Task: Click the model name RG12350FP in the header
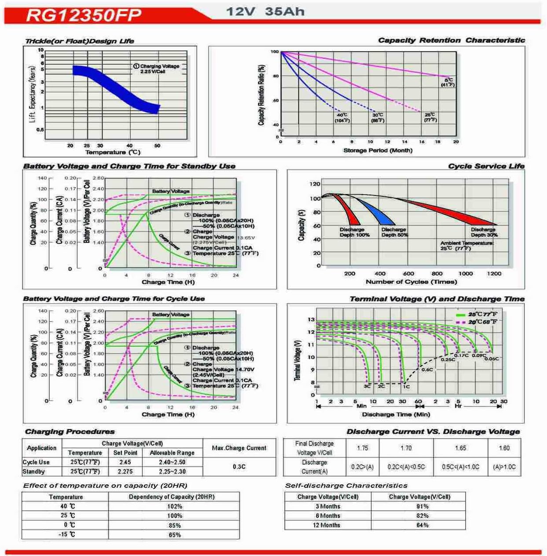point(84,15)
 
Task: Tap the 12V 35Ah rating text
point(265,11)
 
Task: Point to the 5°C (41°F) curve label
point(448,82)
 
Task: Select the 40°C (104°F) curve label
point(342,118)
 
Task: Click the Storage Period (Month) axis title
point(378,150)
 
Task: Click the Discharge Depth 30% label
point(484,232)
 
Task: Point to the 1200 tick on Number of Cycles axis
point(494,273)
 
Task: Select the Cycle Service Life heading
point(486,166)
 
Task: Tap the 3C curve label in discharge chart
point(367,386)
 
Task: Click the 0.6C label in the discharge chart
point(427,370)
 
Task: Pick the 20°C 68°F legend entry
point(477,322)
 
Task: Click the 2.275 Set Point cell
point(125,471)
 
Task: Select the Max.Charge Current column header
point(239,448)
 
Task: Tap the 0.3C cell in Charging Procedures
point(239,466)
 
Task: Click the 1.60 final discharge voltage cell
point(504,448)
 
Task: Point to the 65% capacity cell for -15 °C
point(174,535)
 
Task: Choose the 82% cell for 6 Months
point(422,516)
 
